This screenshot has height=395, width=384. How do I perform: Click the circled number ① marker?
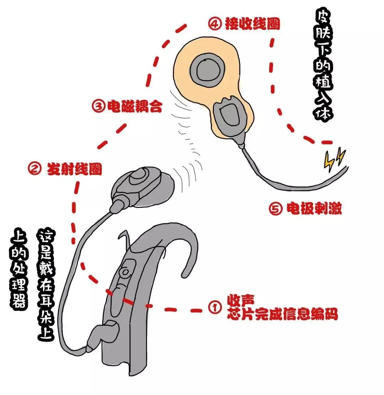214,308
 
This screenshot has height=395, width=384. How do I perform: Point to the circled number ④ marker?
214,23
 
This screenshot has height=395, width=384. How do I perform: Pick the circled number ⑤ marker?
276,209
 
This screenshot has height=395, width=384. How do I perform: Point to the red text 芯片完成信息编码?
282,315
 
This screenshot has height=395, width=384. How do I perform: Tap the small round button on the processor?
125,272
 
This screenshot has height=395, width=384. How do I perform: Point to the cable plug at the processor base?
103,334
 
